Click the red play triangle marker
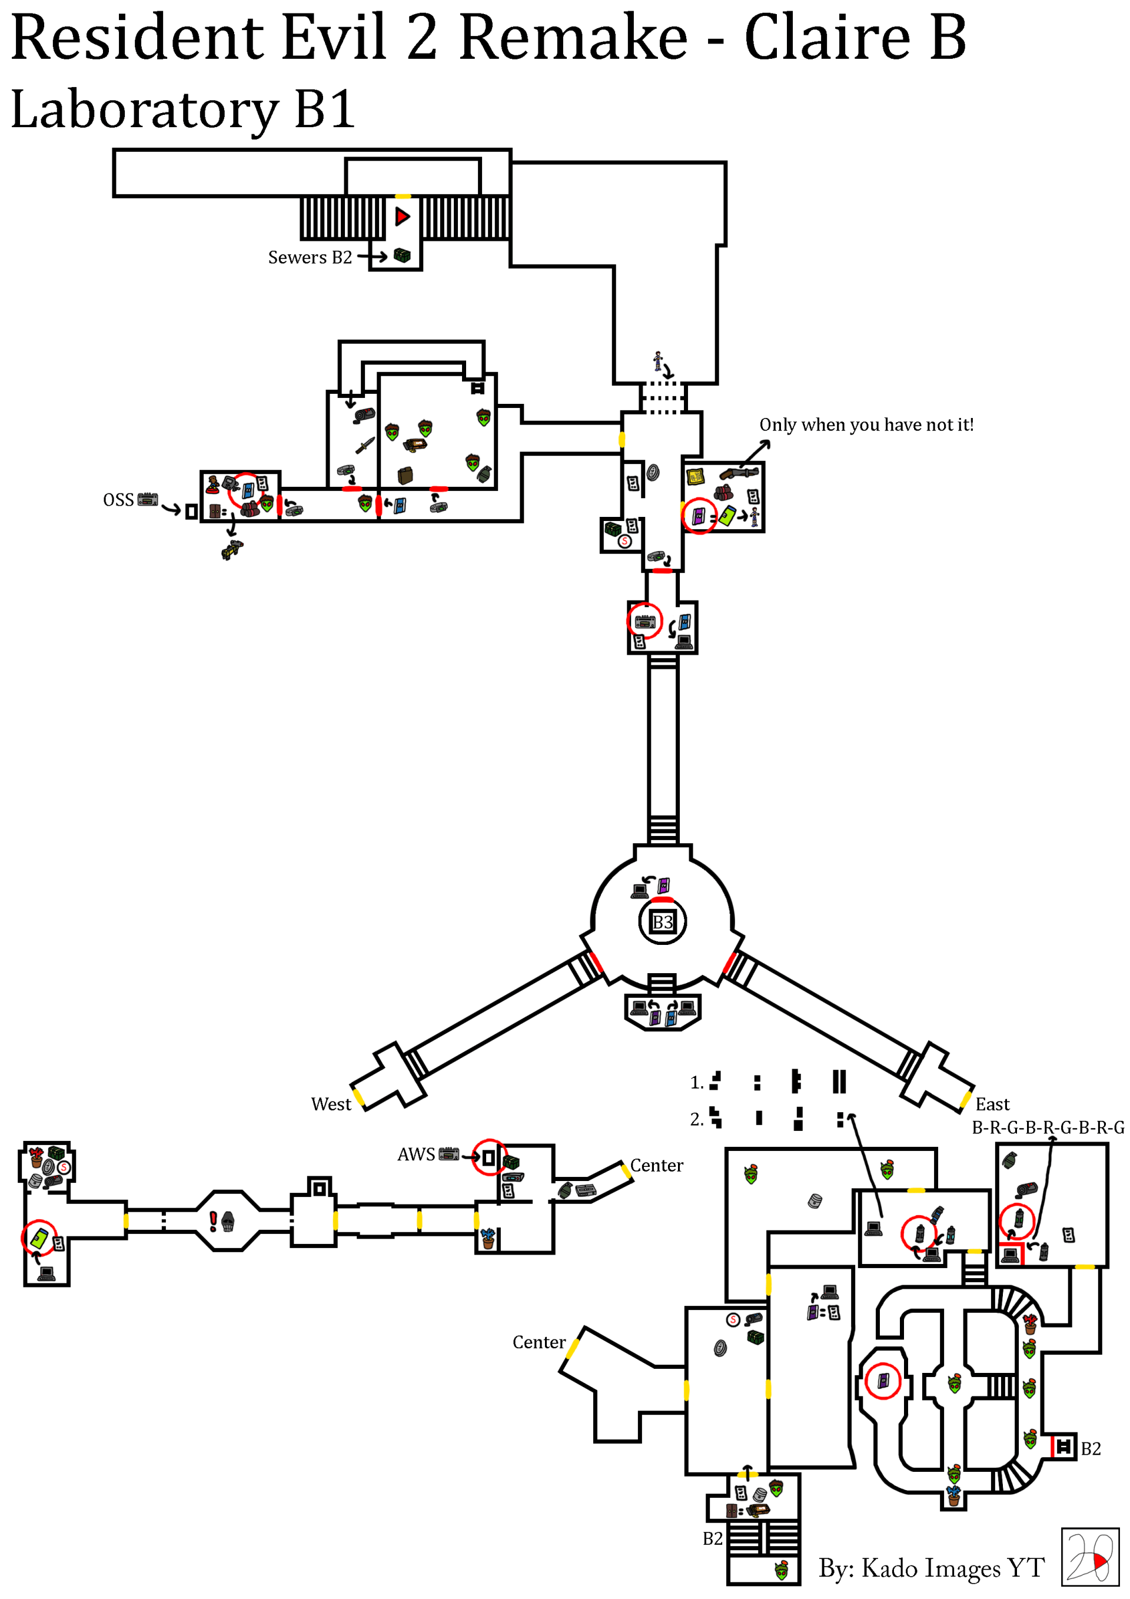pyautogui.click(x=403, y=217)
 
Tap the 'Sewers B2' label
pyautogui.click(x=310, y=258)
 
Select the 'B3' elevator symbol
pyautogui.click(x=662, y=923)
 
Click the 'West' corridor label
pyautogui.click(x=331, y=1104)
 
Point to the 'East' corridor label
pyautogui.click(x=992, y=1104)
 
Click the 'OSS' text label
pyautogui.click(x=118, y=500)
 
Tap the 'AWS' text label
pyautogui.click(x=416, y=1155)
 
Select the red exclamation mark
pyautogui.click(x=213, y=1221)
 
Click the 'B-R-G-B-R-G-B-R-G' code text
pyautogui.click(x=1047, y=1127)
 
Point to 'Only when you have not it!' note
pyautogui.click(x=866, y=425)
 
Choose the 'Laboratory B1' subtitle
pyautogui.click(x=183, y=110)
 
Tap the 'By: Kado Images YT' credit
pyautogui.click(x=931, y=1568)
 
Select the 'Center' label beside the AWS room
pyautogui.click(x=657, y=1166)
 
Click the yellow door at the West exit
pyautogui.click(x=358, y=1098)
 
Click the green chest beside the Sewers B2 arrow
pyautogui.click(x=403, y=256)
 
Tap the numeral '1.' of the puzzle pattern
pyautogui.click(x=697, y=1083)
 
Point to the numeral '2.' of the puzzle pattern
pyautogui.click(x=697, y=1119)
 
